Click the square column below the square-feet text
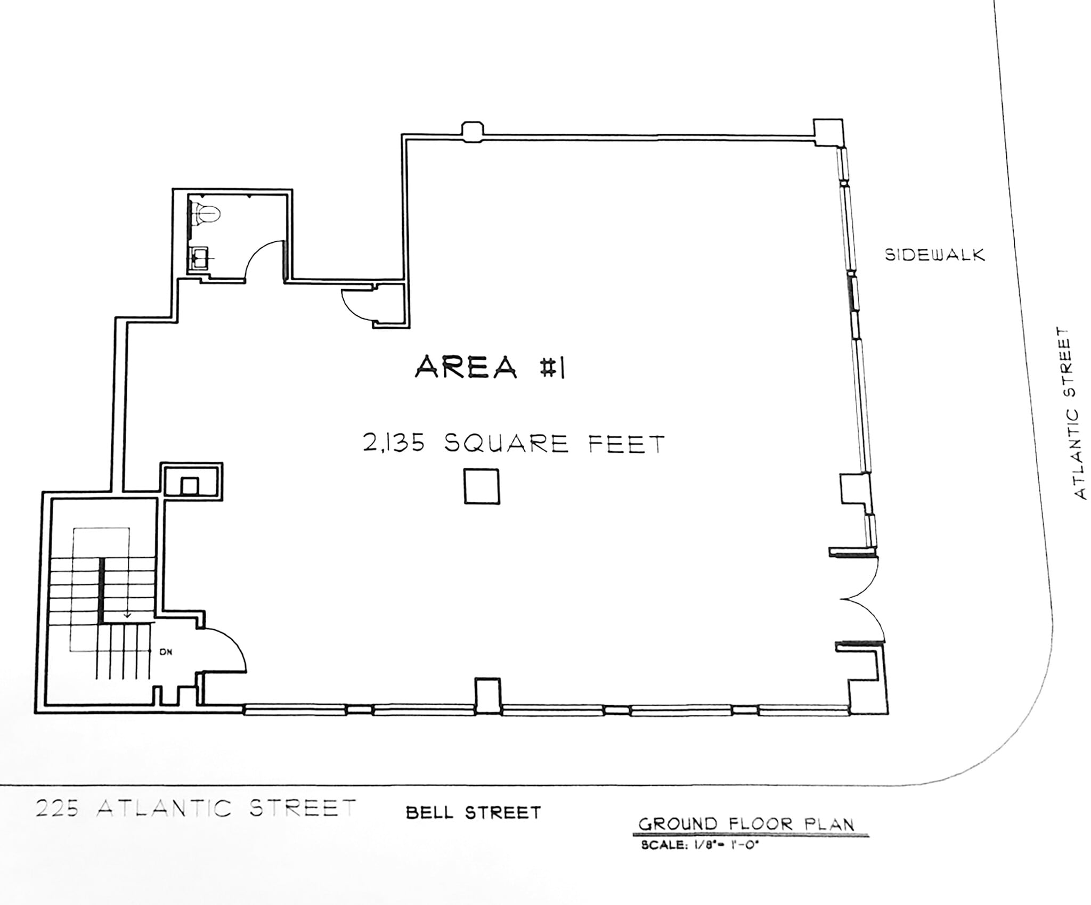[481, 486]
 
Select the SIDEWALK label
[934, 255]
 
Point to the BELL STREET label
[473, 812]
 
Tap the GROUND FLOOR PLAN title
[746, 824]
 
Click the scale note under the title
[699, 845]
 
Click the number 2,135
[394, 443]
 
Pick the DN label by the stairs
[166, 651]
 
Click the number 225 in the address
[58, 809]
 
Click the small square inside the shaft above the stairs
[190, 485]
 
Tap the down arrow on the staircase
[127, 614]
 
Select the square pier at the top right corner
[828, 131]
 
